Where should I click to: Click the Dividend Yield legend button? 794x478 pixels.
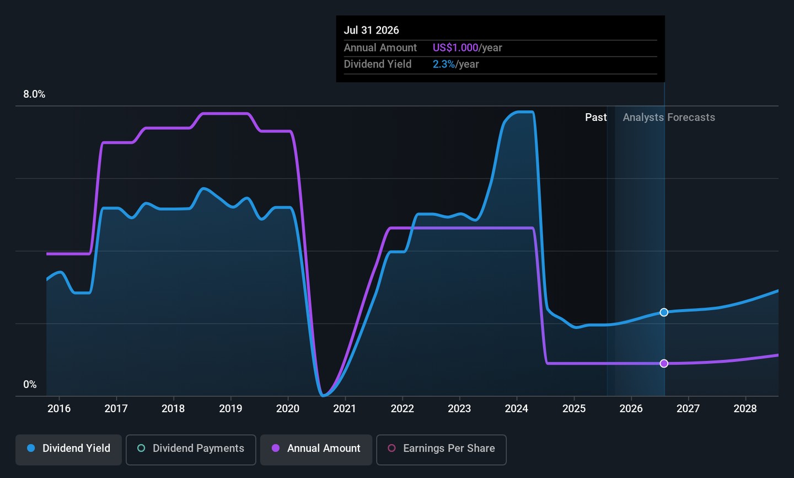(69, 449)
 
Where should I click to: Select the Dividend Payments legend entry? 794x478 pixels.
(191, 449)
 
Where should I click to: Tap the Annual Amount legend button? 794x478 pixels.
(316, 449)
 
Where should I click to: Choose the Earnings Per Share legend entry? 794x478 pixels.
(441, 449)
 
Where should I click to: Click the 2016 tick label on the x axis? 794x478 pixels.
(59, 408)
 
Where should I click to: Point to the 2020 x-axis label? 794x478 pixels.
(288, 408)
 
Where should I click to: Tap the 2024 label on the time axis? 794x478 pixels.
(517, 408)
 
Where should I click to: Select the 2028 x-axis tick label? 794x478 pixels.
(745, 408)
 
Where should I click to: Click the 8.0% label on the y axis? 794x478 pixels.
(34, 94)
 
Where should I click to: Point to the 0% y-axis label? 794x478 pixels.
(30, 385)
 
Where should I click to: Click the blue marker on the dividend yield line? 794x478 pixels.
(664, 312)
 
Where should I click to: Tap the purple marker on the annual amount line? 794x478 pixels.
(664, 363)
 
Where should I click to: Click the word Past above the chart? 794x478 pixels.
(595, 117)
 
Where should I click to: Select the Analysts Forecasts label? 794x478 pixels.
(669, 117)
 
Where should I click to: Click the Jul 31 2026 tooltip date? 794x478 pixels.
(371, 30)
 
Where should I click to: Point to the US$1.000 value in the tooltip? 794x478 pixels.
(455, 48)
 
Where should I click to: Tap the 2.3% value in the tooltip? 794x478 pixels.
(444, 65)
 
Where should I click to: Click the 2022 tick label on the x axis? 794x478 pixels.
(402, 408)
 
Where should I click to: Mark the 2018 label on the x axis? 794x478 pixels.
(173, 408)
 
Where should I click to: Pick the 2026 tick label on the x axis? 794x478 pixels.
(631, 408)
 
